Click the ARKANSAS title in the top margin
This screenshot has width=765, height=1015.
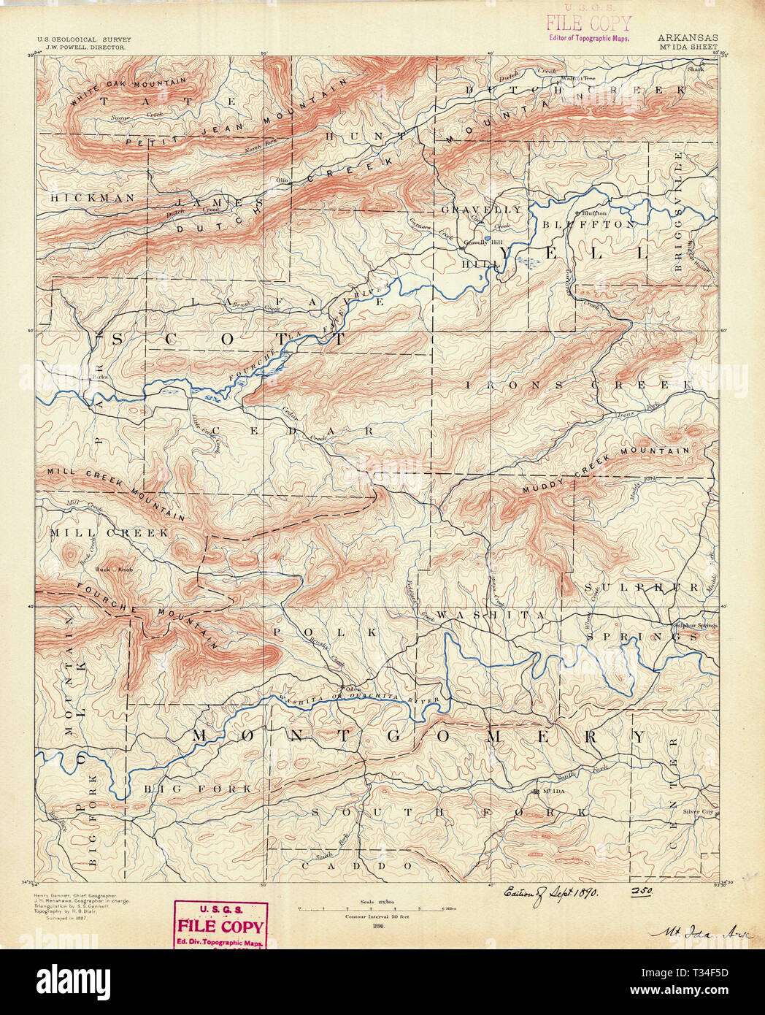click(x=687, y=37)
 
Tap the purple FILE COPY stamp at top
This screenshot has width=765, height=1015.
click(x=588, y=24)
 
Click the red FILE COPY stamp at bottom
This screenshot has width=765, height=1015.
click(x=220, y=926)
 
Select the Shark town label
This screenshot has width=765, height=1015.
click(x=695, y=69)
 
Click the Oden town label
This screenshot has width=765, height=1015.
click(x=353, y=689)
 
